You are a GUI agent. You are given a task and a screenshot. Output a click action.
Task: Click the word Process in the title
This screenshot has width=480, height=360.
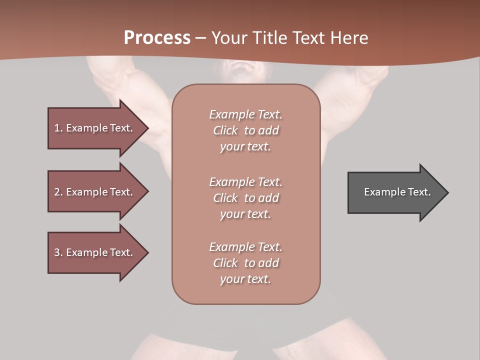[157, 38]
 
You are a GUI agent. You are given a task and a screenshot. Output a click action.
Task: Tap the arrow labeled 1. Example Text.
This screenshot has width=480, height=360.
[95, 128]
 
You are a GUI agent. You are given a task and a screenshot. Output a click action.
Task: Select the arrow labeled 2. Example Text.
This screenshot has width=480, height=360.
[95, 192]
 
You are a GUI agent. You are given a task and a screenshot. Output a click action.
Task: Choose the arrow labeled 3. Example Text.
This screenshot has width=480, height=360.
[95, 252]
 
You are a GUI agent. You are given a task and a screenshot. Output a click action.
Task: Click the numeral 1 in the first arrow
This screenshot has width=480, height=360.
[57, 128]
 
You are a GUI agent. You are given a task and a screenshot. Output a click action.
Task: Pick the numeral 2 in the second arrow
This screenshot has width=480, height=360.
[57, 192]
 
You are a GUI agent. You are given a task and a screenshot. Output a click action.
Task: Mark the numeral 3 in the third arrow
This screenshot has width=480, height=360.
[57, 252]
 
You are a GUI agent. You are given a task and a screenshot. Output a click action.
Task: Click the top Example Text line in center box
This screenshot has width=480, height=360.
[245, 114]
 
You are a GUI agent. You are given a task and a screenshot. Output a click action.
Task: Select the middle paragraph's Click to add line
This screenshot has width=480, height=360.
[245, 198]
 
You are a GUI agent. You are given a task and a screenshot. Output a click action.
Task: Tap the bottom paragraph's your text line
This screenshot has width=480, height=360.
[245, 279]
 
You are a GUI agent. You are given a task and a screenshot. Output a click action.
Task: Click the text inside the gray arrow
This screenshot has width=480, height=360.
[397, 192]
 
